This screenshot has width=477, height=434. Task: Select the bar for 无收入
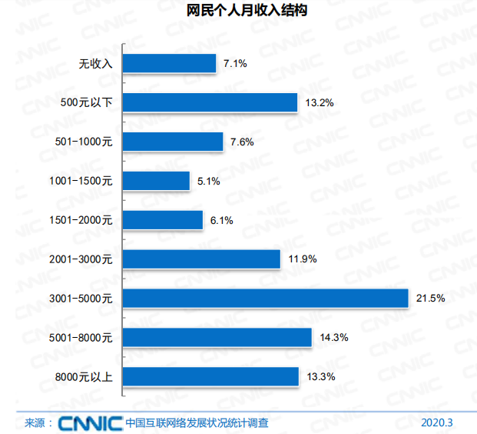tap(169, 63)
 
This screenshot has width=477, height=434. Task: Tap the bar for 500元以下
tap(210, 102)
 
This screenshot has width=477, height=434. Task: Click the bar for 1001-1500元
tap(156, 181)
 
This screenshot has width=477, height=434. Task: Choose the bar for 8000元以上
tap(210, 376)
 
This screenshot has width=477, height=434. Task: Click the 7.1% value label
tap(234, 64)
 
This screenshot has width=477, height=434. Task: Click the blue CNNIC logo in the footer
tap(90, 422)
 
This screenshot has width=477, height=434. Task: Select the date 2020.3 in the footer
tap(438, 422)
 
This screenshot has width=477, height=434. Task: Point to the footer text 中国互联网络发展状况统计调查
tap(197, 422)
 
